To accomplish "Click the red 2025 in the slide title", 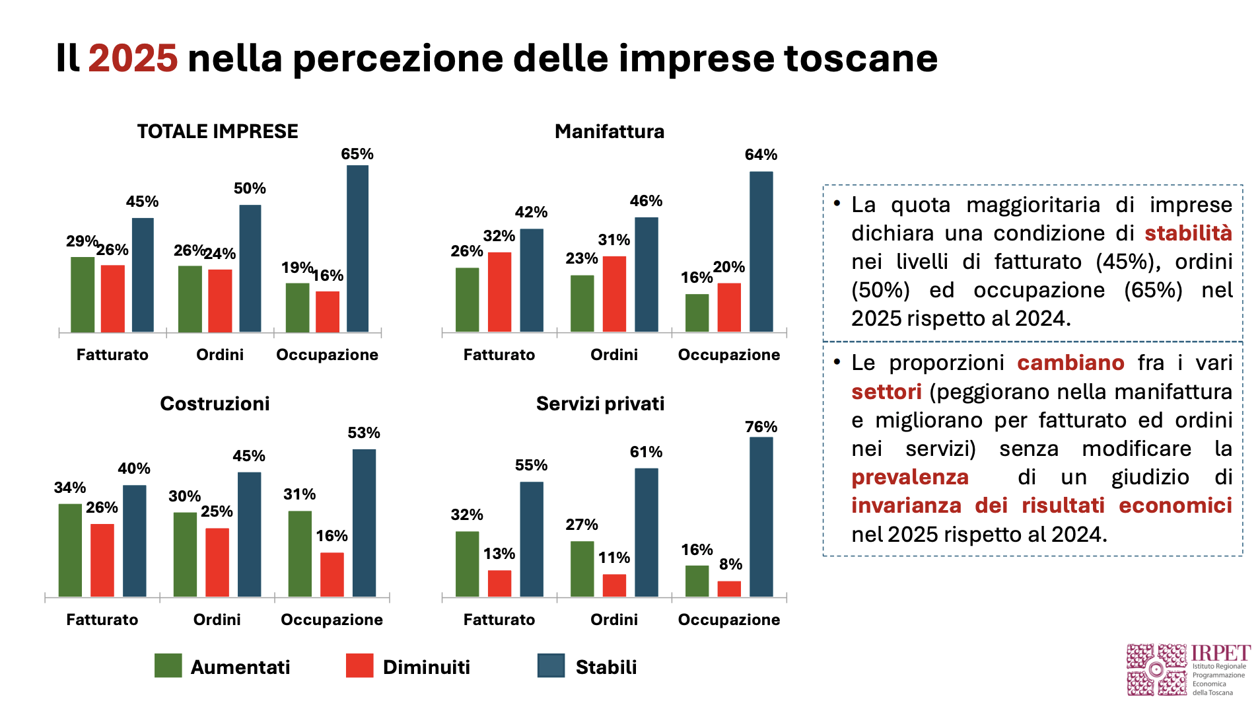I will click(x=133, y=58).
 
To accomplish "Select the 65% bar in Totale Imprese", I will click(x=357, y=248).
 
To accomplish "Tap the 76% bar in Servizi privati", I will click(x=761, y=517).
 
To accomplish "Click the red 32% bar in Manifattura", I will click(x=499, y=291).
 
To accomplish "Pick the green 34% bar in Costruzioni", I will click(x=70, y=550).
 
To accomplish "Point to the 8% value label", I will click(x=730, y=564).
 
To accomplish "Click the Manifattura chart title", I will click(x=609, y=131).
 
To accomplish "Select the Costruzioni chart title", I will click(x=215, y=404).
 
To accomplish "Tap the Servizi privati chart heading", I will click(x=600, y=404).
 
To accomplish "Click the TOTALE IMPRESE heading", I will click(x=217, y=131).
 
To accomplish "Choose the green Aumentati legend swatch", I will click(x=168, y=666).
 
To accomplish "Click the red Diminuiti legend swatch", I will click(x=359, y=666).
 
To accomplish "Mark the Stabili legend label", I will click(x=606, y=667).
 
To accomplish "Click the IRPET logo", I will click(x=1187, y=670).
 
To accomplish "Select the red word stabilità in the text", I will click(x=1188, y=233).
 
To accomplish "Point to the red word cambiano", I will click(x=1070, y=363).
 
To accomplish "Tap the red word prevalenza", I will click(x=909, y=477).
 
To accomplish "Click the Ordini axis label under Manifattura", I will click(x=613, y=355).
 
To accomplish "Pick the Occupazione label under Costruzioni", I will click(x=332, y=620).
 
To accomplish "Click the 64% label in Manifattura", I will click(x=761, y=155).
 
